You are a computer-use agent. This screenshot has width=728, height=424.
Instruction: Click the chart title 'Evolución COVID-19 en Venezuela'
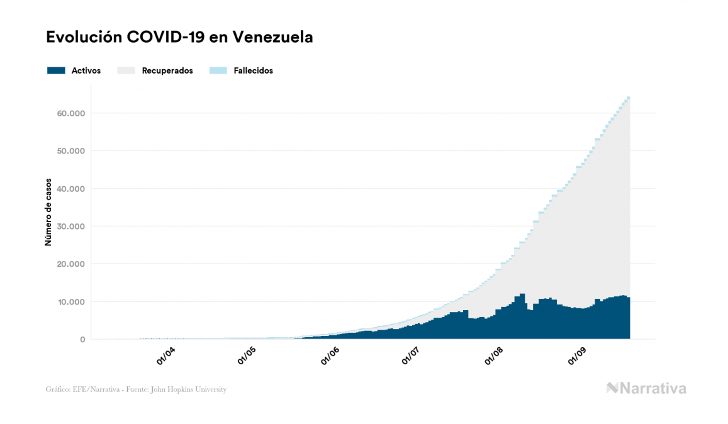coord(179,37)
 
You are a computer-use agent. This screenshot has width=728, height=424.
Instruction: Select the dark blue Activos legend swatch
coord(56,70)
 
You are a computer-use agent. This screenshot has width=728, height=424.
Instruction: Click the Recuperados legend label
coord(167,70)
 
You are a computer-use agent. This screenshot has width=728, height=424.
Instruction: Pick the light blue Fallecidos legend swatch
coord(217,70)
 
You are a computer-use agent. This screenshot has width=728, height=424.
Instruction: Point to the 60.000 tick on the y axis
coord(70,113)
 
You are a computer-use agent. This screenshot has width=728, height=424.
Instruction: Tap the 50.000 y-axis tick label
coord(70,151)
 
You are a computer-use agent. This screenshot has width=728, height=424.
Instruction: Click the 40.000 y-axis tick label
coord(70,189)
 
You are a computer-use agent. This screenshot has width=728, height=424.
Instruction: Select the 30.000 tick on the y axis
coord(70,226)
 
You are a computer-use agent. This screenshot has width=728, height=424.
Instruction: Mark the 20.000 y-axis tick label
coord(70,264)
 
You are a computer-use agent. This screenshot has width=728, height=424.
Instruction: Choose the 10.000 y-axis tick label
coord(70,302)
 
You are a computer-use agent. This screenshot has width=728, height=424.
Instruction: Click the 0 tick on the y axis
coord(82,340)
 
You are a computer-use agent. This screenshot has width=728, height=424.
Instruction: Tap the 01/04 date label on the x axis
coord(167,357)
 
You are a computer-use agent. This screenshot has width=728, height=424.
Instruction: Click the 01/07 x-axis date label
coord(412,357)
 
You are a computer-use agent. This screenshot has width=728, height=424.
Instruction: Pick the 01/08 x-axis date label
coord(496,357)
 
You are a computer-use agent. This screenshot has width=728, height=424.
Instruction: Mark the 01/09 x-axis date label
coord(578,357)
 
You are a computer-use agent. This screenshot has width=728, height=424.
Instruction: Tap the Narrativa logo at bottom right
coord(646,388)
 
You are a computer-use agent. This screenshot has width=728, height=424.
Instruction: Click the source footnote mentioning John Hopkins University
coord(136,389)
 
